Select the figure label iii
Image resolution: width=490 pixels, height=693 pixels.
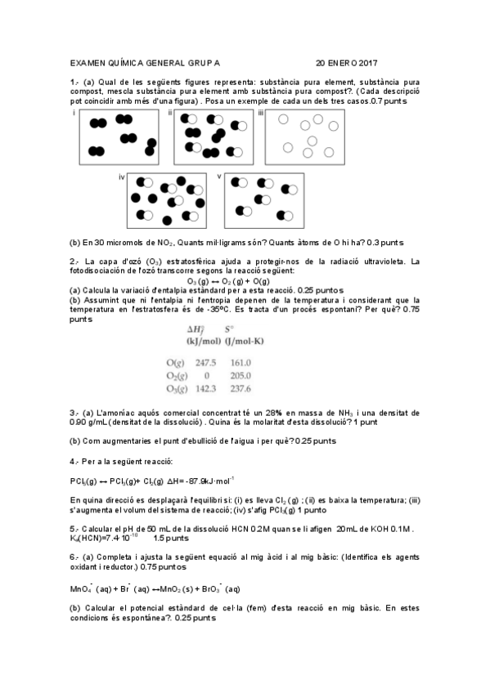point(261,113)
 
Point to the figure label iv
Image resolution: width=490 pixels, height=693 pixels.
point(122,177)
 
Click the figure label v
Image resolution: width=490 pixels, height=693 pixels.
point(218,177)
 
